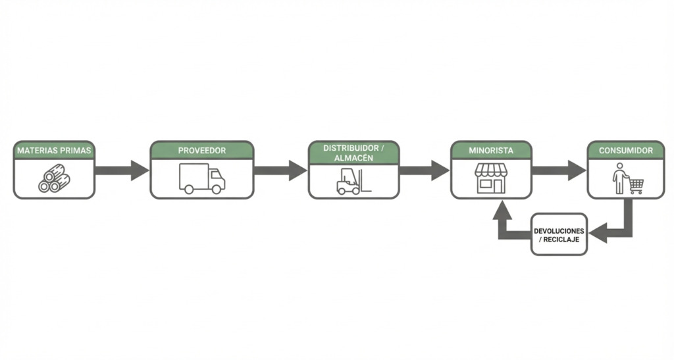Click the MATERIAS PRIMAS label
[x=55, y=151]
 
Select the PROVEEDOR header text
[x=201, y=151]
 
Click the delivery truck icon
[x=201, y=179]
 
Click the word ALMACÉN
[x=346, y=158]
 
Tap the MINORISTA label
[x=491, y=151]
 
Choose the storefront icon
[x=491, y=179]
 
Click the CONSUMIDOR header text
[x=626, y=151]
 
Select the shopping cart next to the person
[x=635, y=186]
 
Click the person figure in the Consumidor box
[x=619, y=180]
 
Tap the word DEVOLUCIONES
[x=559, y=230]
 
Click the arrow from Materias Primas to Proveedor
[x=122, y=170]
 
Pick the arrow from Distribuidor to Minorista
[x=425, y=170]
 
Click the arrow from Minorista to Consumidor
[x=559, y=170]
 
